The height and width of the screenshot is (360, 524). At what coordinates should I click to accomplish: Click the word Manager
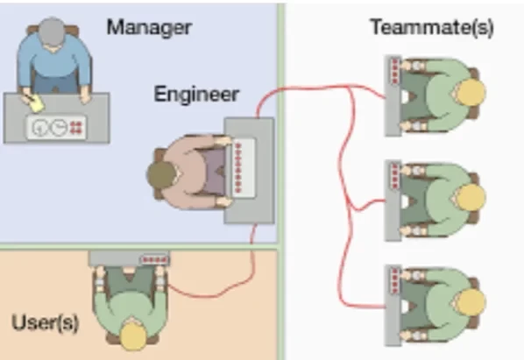(149, 28)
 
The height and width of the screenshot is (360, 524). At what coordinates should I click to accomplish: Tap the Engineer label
(196, 95)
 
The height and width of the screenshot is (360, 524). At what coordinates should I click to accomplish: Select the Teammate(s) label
(432, 27)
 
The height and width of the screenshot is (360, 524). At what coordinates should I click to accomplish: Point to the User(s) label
(45, 322)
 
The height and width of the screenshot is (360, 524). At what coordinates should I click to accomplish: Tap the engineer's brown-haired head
(162, 175)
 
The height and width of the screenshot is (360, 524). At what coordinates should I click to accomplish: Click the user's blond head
(133, 335)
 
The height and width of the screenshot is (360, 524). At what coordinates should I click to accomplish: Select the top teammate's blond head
(471, 93)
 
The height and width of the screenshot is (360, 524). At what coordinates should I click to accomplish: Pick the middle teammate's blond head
(471, 197)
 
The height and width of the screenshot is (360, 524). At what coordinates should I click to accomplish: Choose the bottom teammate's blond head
(471, 302)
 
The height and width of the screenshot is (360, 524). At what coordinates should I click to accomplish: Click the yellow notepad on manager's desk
(36, 103)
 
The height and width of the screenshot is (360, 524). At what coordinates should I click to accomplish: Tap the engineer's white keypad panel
(244, 168)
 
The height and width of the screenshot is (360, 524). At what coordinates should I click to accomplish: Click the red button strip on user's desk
(154, 259)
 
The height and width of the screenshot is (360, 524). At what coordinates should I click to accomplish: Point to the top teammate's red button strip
(395, 72)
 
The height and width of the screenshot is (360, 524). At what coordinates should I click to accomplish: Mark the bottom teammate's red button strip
(395, 281)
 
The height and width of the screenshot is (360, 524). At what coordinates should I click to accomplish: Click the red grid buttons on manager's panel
(76, 127)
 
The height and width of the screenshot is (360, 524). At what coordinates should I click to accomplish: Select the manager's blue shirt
(53, 62)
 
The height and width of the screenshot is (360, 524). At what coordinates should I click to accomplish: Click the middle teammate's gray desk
(393, 201)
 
